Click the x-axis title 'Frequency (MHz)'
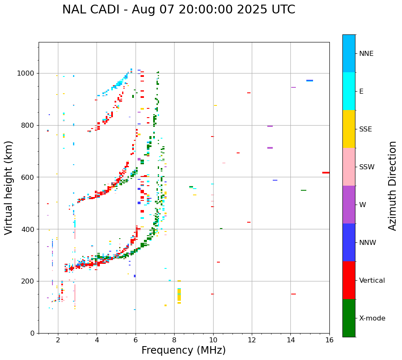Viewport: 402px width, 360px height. pos(183,350)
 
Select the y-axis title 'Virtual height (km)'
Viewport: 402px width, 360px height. pos(9,188)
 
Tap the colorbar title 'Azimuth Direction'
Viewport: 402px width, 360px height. pos(392,186)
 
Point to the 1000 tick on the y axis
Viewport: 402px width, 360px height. pos(27,73)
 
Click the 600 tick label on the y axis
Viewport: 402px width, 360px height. pos(29,177)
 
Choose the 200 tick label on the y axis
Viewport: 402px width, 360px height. pos(29,281)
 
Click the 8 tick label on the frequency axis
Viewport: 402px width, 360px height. pos(174,340)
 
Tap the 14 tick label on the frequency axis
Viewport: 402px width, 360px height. pos(290,340)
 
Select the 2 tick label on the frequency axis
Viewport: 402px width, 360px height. pos(58,340)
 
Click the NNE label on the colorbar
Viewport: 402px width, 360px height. pos(366,54)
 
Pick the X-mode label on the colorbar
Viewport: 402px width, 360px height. pos(372,318)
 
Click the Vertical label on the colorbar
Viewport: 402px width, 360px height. pos(372,281)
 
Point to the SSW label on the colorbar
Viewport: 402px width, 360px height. pos(367,167)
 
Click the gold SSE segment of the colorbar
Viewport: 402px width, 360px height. pos(349,129)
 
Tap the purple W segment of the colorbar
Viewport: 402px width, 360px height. pos(349,205)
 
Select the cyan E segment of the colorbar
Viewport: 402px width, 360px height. pos(349,91)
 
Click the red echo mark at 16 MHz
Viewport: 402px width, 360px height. pos(326,173)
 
